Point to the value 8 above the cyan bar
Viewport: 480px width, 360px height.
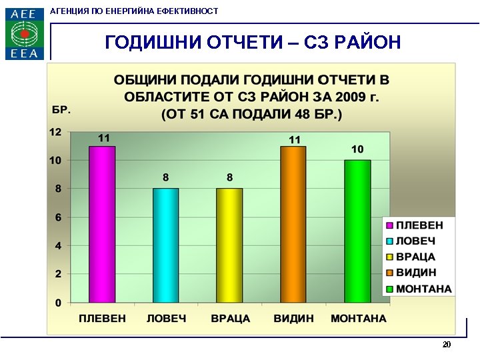point(166,177)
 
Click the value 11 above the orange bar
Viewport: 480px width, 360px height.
point(294,139)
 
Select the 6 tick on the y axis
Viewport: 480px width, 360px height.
point(58,217)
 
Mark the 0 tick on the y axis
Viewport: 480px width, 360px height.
point(58,303)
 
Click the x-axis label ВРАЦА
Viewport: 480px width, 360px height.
point(230,319)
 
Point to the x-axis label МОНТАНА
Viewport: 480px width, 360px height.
point(359,319)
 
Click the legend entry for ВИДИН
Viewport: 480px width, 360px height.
point(416,273)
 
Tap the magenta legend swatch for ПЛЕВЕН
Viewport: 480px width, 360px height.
point(389,225)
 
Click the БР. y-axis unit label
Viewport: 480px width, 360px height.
point(61,109)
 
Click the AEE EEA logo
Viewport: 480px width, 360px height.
point(25,33)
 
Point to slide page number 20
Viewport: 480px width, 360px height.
point(447,345)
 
